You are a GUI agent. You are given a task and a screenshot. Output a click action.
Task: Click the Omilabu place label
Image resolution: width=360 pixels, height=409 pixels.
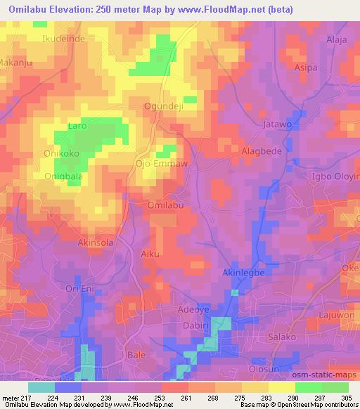[166, 205]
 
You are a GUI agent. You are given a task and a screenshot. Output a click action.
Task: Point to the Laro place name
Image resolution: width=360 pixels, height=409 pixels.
[77, 127]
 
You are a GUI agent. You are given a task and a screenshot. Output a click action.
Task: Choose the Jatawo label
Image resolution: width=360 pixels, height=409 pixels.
[276, 124]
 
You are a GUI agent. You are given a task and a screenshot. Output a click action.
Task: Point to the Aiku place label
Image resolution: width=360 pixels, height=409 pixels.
[150, 254]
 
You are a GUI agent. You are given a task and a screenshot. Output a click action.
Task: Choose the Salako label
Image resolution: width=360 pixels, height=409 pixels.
[283, 337]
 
